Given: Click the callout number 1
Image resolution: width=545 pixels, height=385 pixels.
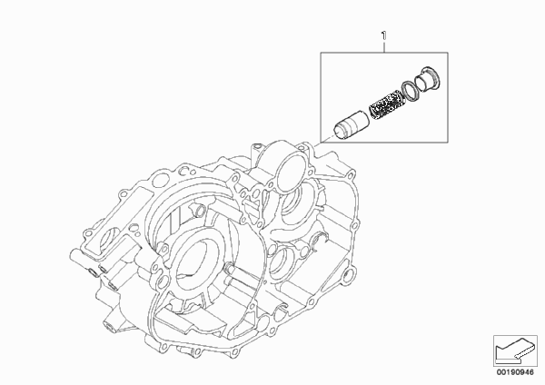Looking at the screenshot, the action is tap(383, 35).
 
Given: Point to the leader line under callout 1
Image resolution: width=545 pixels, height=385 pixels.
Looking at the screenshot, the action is tap(384, 46).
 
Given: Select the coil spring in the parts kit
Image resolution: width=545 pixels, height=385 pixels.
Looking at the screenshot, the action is tap(383, 104).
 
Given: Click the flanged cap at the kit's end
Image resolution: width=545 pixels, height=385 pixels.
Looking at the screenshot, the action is tap(427, 79).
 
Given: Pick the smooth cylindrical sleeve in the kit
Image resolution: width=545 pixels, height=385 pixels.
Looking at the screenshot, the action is tap(351, 126).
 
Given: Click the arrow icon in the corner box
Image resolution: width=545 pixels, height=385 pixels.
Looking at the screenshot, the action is tap(515, 350).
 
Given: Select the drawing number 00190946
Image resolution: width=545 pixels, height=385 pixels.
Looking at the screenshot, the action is tap(515, 372).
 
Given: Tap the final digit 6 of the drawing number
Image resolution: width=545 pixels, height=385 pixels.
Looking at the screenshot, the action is tap(531, 372).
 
